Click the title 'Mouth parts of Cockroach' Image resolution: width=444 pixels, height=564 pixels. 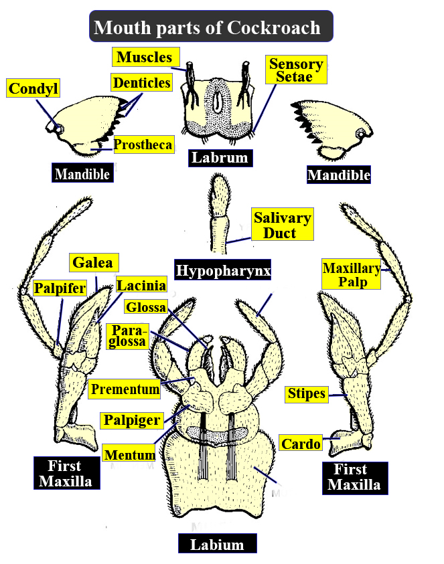tap(211, 27)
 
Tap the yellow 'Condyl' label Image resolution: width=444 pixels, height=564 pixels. tap(33, 88)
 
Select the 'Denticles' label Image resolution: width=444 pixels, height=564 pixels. tap(142, 82)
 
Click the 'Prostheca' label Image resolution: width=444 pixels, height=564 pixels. tap(143, 144)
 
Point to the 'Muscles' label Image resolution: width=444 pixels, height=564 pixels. tap(144, 57)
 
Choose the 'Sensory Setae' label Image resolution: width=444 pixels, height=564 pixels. tap(295, 70)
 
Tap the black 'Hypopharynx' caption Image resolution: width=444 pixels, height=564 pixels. tap(222, 270)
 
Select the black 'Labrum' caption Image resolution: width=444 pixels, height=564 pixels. tap(220, 158)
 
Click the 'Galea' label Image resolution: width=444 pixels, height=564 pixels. tap(94, 262)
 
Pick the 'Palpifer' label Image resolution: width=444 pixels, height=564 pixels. tap(61, 288)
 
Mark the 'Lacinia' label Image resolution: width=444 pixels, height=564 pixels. tap(141, 286)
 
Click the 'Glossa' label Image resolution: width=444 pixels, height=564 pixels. tap(145, 306)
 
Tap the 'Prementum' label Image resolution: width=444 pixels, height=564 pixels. tap(125, 389)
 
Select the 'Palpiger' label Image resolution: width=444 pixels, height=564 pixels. tap(133, 420)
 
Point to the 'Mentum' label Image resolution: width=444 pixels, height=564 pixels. tap(129, 455)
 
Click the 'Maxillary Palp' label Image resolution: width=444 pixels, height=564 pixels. tap(352, 274)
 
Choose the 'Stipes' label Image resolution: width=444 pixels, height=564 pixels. tap(307, 393)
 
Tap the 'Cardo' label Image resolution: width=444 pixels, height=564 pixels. tap(301, 443)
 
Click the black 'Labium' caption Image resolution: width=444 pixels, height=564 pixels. tap(216, 544)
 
